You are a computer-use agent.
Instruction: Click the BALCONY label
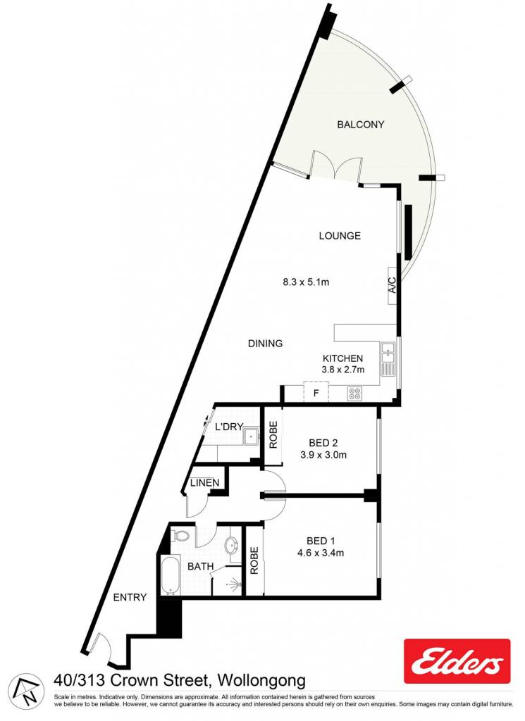[x=360, y=125]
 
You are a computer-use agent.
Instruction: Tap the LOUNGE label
[x=340, y=236]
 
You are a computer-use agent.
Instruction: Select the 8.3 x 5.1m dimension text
[x=306, y=282]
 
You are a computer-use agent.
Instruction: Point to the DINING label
[x=266, y=344]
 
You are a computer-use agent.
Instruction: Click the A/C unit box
[x=392, y=286]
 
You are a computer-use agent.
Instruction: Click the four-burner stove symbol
[x=354, y=393]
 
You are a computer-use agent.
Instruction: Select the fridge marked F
[x=316, y=393]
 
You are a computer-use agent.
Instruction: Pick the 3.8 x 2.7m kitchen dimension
[x=343, y=369]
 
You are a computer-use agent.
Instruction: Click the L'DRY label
[x=229, y=427]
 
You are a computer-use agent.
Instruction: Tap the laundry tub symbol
[x=252, y=437]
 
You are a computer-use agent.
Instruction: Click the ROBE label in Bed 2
[x=273, y=435]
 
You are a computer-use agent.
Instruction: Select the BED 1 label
[x=321, y=541]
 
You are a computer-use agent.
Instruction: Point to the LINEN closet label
[x=205, y=483]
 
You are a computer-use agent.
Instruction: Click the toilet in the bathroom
[x=181, y=536]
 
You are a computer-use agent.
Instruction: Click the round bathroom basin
[x=231, y=546]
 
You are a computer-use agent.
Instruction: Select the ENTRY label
[x=130, y=597]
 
